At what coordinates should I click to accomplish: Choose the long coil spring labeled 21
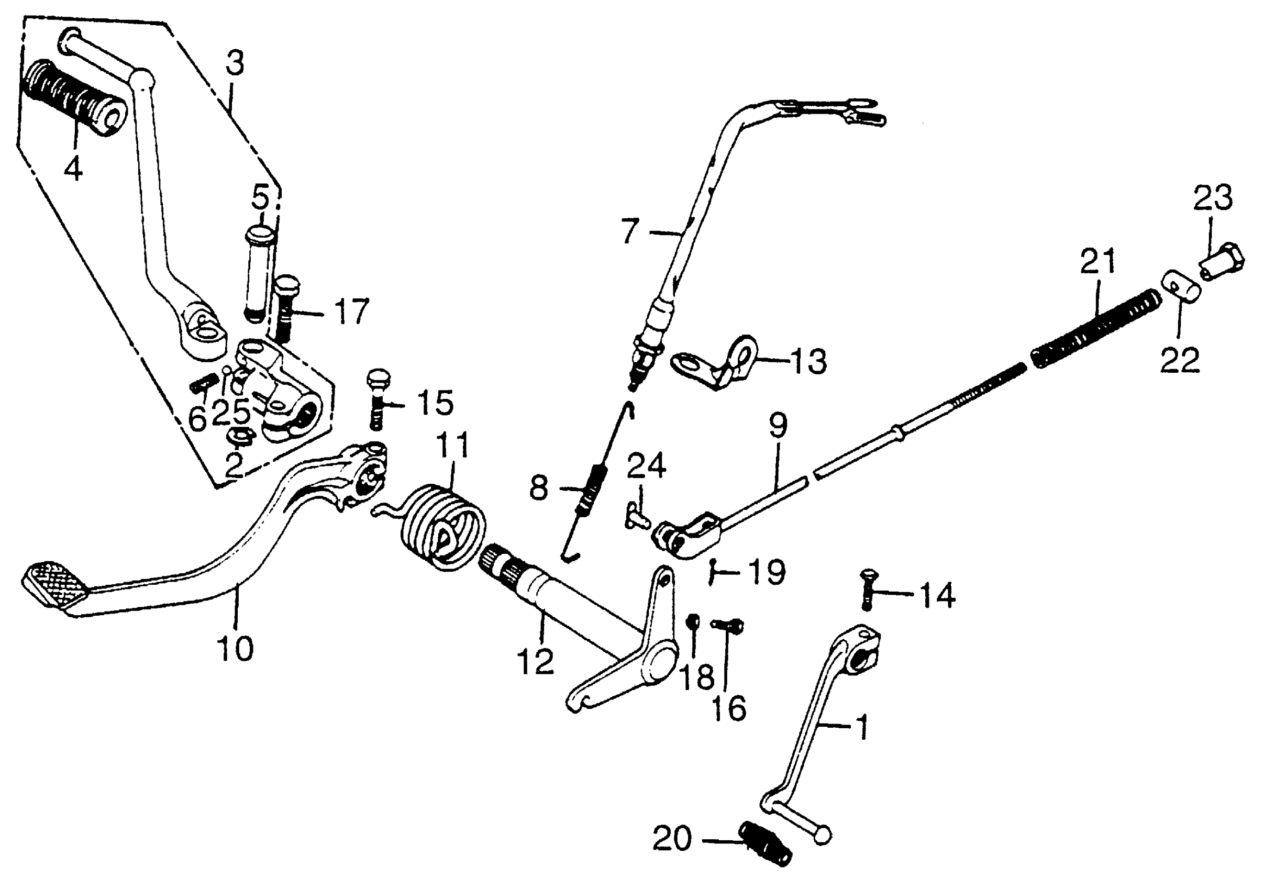pos(1095,330)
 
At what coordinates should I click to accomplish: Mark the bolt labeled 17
pos(285,308)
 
